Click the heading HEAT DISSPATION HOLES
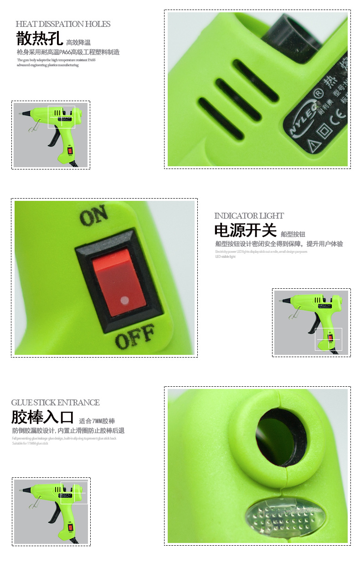(63, 24)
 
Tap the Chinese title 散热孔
(39, 39)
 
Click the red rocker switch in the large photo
(118, 282)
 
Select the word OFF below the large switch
(135, 336)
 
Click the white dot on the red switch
(124, 300)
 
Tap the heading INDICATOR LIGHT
(249, 216)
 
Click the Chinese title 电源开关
(245, 230)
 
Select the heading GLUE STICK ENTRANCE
(55, 403)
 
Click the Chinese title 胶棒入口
(42, 417)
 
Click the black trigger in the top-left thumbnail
(53, 138)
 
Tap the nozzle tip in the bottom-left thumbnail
(21, 490)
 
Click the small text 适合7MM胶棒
(97, 421)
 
